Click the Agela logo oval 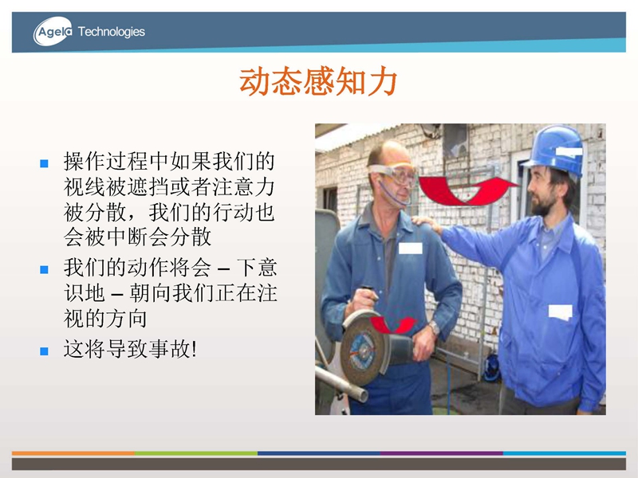point(53,31)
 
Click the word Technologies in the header point(111,32)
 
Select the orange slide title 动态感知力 point(317,82)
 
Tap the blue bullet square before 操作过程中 point(44,163)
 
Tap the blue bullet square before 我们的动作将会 point(44,269)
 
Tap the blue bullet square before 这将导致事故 point(44,351)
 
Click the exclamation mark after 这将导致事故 point(194,349)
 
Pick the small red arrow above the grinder point(392,325)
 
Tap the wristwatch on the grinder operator point(434,327)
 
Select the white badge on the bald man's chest point(410,248)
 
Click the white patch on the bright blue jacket point(561,311)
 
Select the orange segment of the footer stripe point(73,453)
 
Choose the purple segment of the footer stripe point(442,453)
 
